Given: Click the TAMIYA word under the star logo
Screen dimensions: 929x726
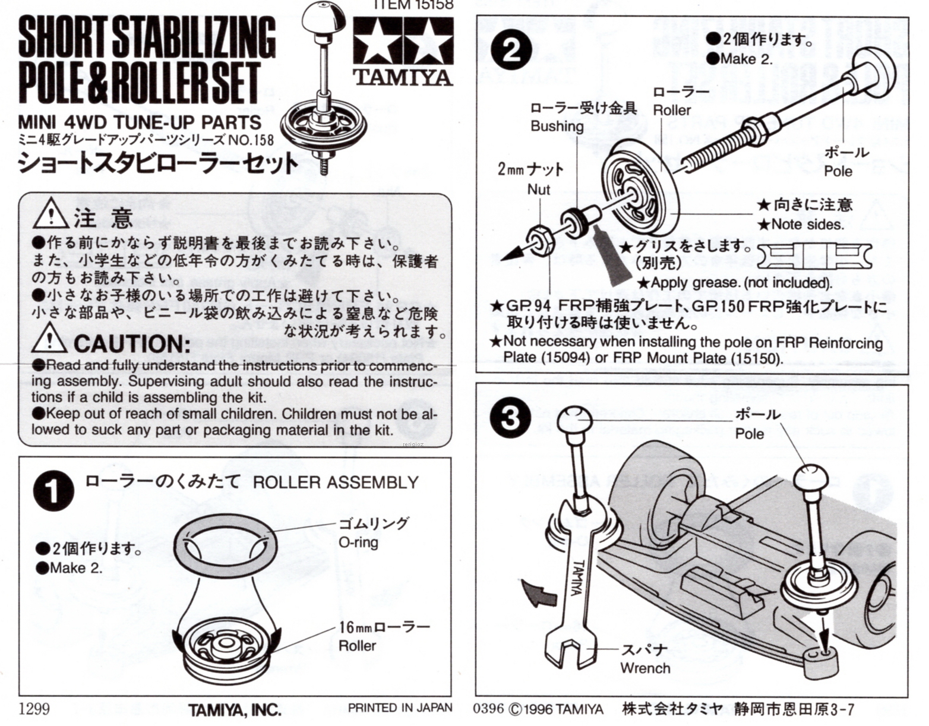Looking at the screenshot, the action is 402,77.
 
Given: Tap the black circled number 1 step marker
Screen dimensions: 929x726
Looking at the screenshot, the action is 53,492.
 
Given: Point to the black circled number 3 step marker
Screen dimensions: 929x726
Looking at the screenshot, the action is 510,417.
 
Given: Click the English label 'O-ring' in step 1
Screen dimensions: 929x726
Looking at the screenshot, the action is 358,542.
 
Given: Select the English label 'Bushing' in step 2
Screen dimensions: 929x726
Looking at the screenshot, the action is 557,126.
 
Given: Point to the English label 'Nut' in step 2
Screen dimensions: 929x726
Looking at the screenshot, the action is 539,189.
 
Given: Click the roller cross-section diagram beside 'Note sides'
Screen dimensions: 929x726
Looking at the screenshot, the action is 814,257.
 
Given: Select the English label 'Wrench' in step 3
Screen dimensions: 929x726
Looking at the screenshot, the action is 645,668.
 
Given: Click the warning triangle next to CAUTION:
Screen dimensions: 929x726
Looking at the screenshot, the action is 49,338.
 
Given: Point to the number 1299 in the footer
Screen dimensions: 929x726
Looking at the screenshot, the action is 34,708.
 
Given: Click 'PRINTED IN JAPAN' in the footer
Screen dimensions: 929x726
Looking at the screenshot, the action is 400,708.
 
